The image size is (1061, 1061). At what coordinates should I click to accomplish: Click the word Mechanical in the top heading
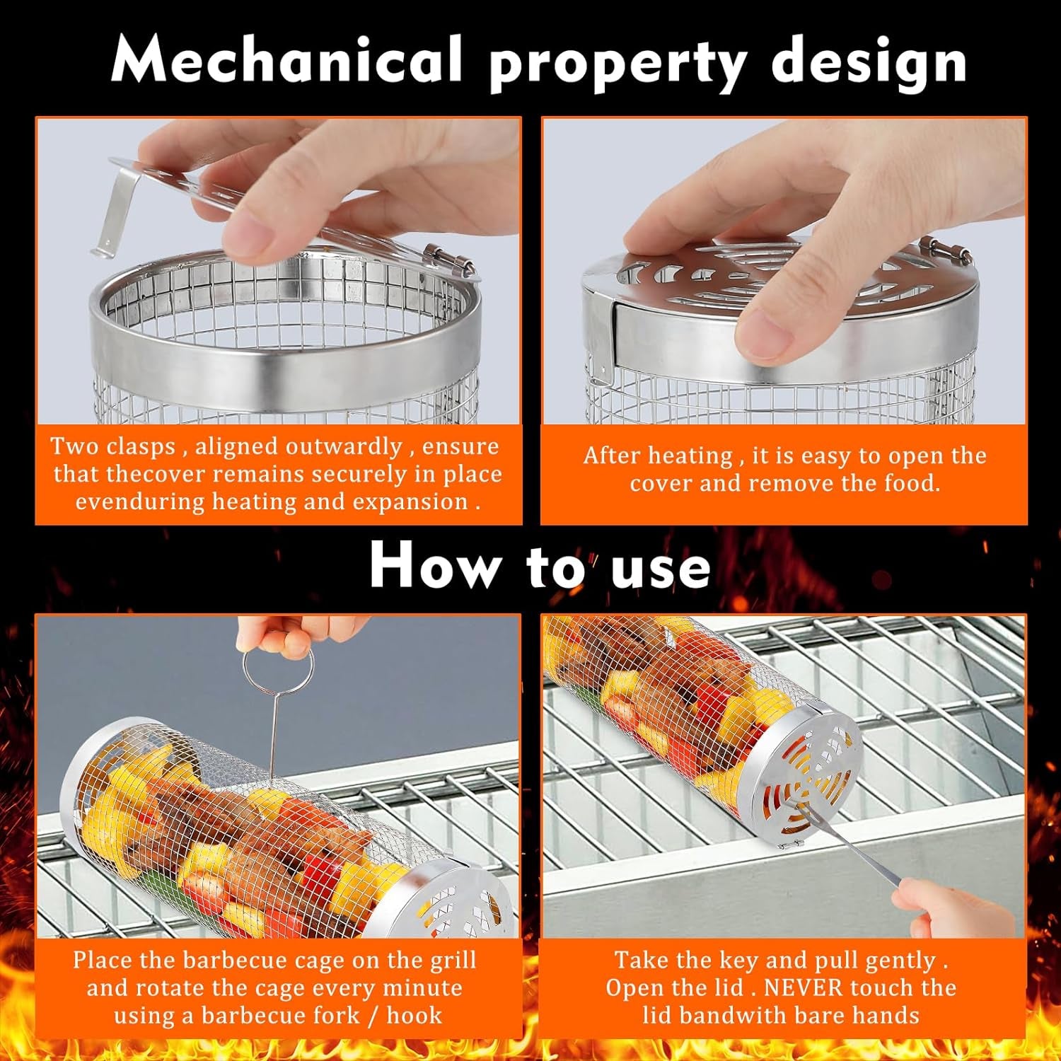click(286, 61)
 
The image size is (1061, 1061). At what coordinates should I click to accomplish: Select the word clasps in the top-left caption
click(141, 447)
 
